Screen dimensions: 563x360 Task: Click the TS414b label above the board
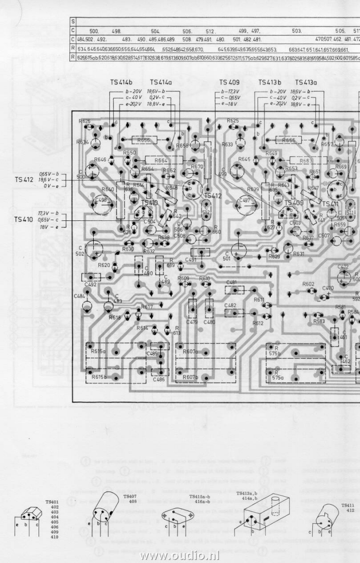[x=121, y=82]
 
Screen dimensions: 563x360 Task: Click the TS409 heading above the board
[x=229, y=82]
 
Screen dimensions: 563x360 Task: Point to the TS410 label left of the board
[x=23, y=219]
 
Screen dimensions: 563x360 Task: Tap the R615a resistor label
[x=98, y=351]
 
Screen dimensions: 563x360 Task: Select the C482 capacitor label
[x=230, y=306]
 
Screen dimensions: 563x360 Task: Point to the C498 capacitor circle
[x=102, y=201]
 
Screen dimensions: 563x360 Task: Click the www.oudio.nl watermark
[x=180, y=555]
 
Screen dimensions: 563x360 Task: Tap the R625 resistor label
[x=232, y=121]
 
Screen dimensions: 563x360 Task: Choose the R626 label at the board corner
[x=84, y=121]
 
